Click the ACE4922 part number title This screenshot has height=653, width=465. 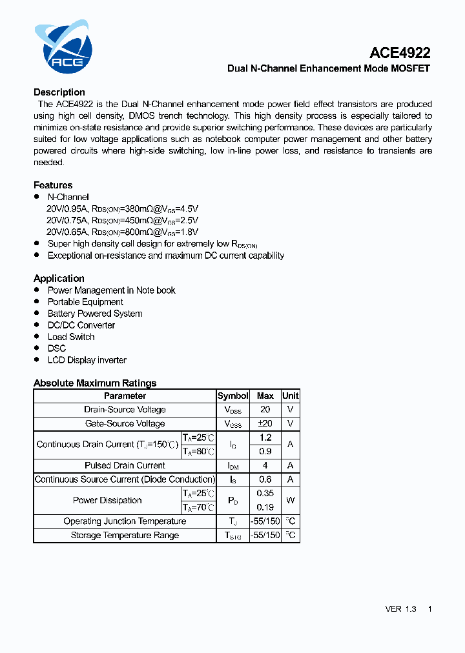click(400, 53)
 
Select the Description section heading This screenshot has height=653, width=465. click(59, 92)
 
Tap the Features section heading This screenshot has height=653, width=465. click(53, 185)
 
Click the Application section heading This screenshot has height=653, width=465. click(59, 278)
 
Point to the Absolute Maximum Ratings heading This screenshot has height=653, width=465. click(95, 383)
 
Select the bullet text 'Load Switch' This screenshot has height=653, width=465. click(71, 337)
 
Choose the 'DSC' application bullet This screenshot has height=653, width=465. click(57, 348)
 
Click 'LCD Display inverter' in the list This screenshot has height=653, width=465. click(87, 360)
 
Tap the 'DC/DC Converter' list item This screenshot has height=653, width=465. click(81, 325)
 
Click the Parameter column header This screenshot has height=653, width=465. click(125, 396)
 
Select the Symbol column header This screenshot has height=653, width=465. click(232, 396)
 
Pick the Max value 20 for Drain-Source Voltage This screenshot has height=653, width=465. click(265, 410)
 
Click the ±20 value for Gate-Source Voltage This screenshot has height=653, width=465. click(265, 424)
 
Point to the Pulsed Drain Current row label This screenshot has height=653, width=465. click(125, 465)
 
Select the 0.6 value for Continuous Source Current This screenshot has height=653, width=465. click(265, 479)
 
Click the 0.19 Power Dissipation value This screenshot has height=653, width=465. click(265, 507)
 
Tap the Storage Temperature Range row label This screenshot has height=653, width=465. click(125, 535)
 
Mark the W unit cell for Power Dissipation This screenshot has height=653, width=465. click(291, 500)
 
